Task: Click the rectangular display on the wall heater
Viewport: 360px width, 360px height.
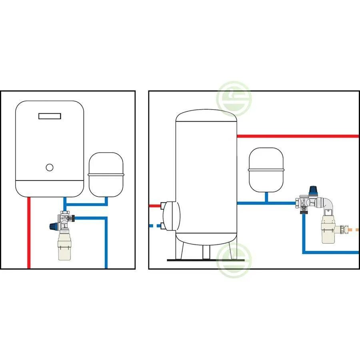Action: pos(50,116)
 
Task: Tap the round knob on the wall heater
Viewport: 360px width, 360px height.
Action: pos(50,168)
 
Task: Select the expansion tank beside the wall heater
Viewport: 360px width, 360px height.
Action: pos(106,174)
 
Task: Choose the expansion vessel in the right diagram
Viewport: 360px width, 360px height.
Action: pos(266,170)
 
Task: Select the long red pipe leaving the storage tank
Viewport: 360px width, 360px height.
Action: pos(298,136)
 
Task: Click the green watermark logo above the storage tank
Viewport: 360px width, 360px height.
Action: pos(234,97)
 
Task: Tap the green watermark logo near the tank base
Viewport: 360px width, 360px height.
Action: pos(234,258)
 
